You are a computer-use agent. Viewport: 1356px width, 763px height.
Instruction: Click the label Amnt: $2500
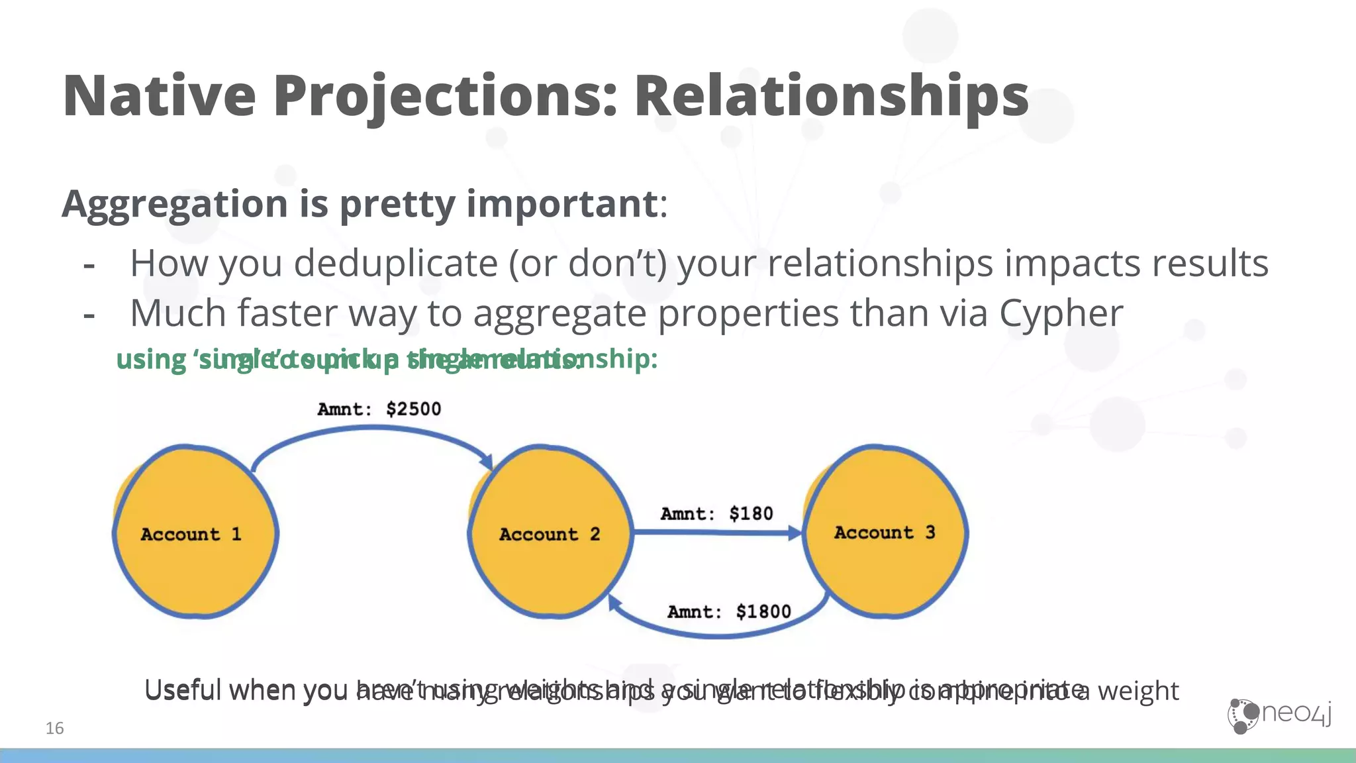(x=379, y=409)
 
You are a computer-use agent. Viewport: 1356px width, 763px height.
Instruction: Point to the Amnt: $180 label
(x=717, y=513)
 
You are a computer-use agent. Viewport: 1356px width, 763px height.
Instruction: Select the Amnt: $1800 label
(x=729, y=611)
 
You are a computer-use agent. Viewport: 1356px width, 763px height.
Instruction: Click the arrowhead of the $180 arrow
(x=795, y=533)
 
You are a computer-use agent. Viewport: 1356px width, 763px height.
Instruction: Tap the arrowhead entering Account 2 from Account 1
(x=487, y=461)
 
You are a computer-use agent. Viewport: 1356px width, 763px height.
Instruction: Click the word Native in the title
(x=159, y=96)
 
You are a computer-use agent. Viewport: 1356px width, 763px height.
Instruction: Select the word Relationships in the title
(x=831, y=96)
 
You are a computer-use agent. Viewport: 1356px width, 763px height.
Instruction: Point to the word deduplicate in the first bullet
(x=395, y=264)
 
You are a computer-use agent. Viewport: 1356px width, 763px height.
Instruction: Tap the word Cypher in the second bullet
(x=1061, y=313)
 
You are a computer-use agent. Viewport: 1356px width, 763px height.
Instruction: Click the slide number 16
(x=54, y=729)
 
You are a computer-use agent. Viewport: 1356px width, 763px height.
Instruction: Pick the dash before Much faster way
(x=89, y=316)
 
